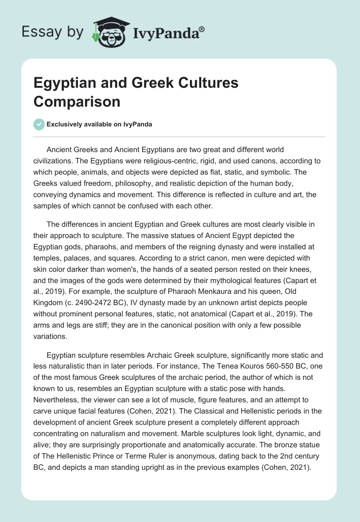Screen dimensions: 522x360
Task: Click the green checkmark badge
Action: tap(39, 124)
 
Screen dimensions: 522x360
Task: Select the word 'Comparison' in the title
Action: tap(77, 102)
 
